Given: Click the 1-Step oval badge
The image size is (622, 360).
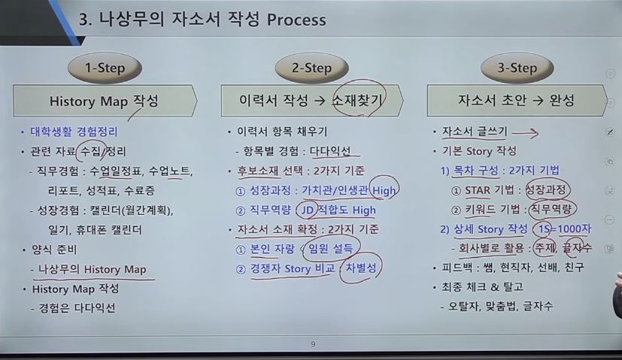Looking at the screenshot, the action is (x=105, y=68).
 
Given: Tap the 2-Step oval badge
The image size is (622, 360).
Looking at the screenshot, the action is (x=312, y=68).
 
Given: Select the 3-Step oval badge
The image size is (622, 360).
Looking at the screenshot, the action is (x=517, y=68).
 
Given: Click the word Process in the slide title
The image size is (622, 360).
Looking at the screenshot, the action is (x=296, y=20).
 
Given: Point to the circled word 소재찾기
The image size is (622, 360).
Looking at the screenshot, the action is (x=357, y=100).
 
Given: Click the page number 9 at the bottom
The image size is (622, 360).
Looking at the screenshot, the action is (x=313, y=344).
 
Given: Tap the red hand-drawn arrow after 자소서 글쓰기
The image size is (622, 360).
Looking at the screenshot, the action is (x=525, y=133).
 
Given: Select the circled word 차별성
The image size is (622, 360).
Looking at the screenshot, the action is (x=360, y=268).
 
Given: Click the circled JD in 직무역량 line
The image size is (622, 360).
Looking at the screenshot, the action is (x=308, y=210).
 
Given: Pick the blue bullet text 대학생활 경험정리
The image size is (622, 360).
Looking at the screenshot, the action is (x=74, y=132).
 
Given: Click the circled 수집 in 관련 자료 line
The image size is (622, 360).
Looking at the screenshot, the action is (x=90, y=151).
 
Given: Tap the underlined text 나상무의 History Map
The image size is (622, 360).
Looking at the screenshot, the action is (x=92, y=269).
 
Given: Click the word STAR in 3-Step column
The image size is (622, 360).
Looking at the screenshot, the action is (x=478, y=190).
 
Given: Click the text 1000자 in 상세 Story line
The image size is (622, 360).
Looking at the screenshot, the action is (x=575, y=228).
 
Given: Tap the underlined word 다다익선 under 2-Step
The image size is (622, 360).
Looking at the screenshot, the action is (x=330, y=151).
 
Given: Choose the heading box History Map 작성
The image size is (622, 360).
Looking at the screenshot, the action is (x=105, y=101).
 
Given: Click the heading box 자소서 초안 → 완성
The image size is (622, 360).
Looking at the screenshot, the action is (x=517, y=100).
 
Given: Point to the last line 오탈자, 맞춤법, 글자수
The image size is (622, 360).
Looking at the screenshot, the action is (x=500, y=306).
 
